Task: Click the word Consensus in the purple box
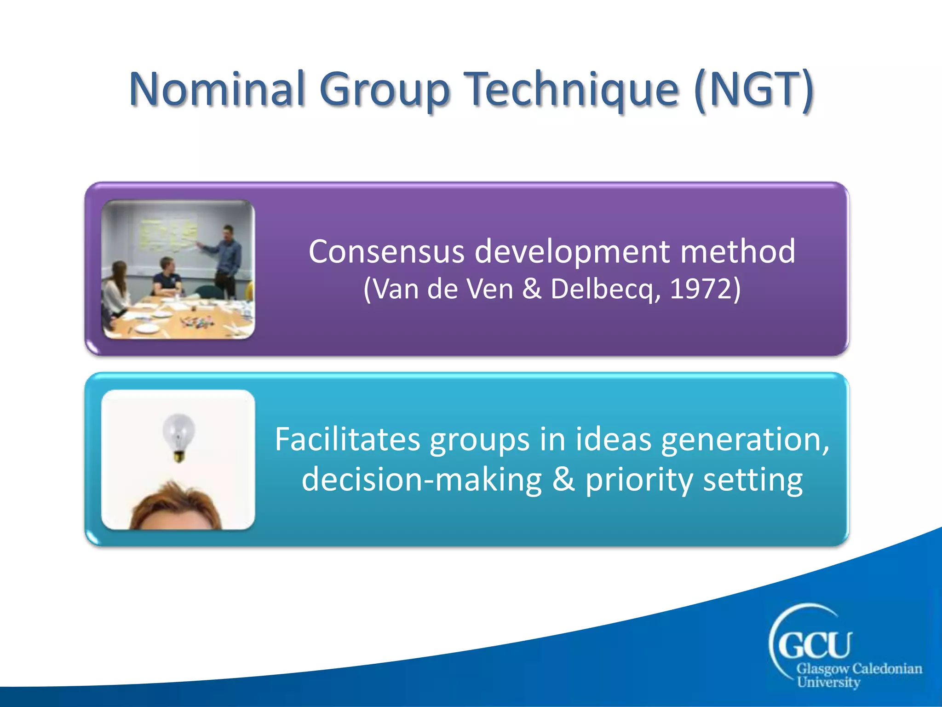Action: [386, 252]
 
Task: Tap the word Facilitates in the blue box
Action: [347, 439]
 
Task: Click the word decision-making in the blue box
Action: [421, 480]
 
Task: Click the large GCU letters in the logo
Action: [814, 644]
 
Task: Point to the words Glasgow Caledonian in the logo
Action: [859, 669]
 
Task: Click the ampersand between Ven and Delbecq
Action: [532, 290]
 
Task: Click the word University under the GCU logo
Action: [828, 682]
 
